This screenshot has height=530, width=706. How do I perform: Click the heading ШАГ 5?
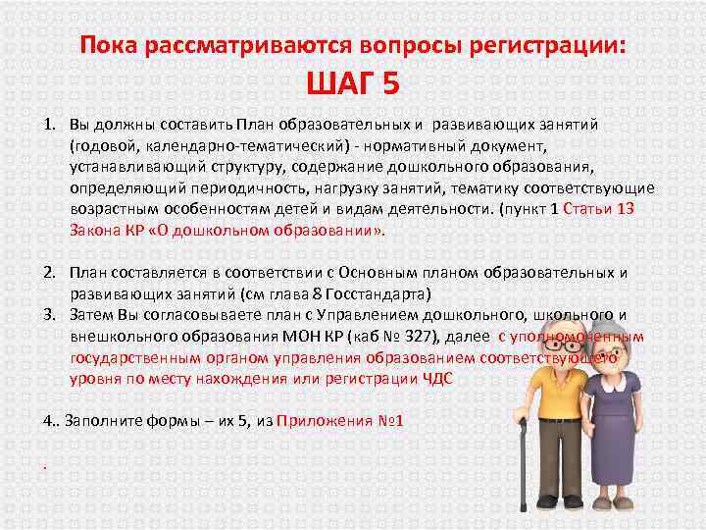point(353,84)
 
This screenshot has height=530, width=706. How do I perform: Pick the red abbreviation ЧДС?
point(434,379)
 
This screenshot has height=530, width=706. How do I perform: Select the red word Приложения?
point(320,420)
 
